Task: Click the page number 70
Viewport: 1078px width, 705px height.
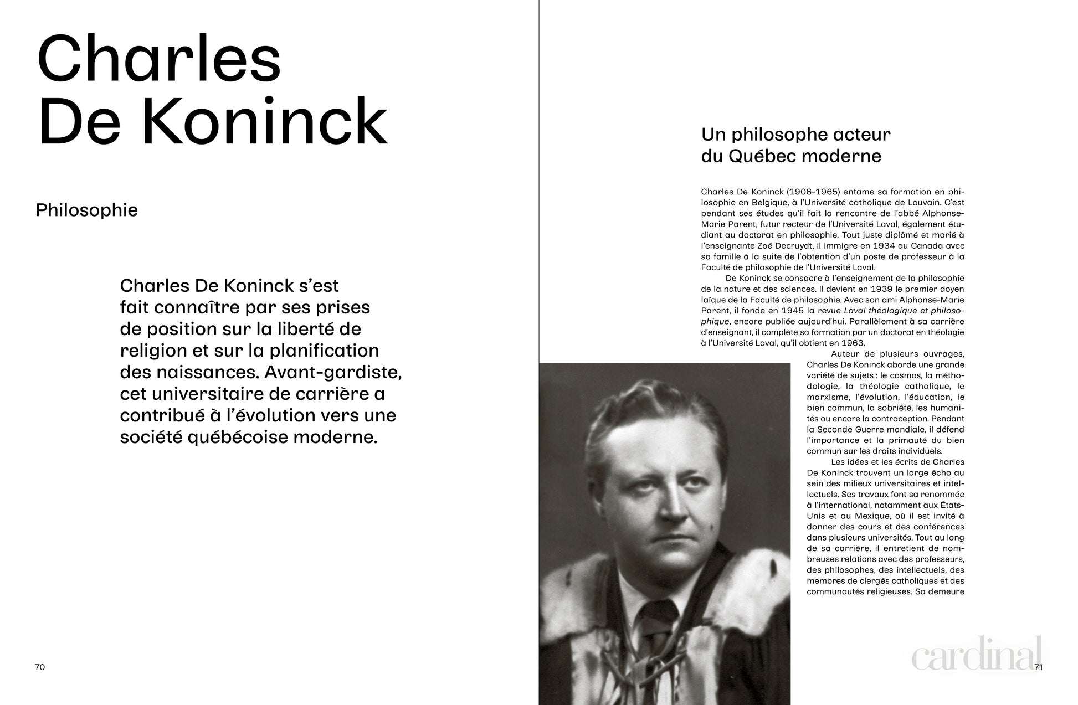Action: point(40,667)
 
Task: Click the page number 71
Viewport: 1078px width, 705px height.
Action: point(1038,667)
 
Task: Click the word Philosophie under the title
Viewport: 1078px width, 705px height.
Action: point(86,210)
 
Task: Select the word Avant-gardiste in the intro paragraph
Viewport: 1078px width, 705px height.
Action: point(333,372)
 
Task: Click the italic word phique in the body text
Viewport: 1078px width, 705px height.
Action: point(715,322)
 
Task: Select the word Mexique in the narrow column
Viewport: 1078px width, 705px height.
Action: point(858,516)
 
